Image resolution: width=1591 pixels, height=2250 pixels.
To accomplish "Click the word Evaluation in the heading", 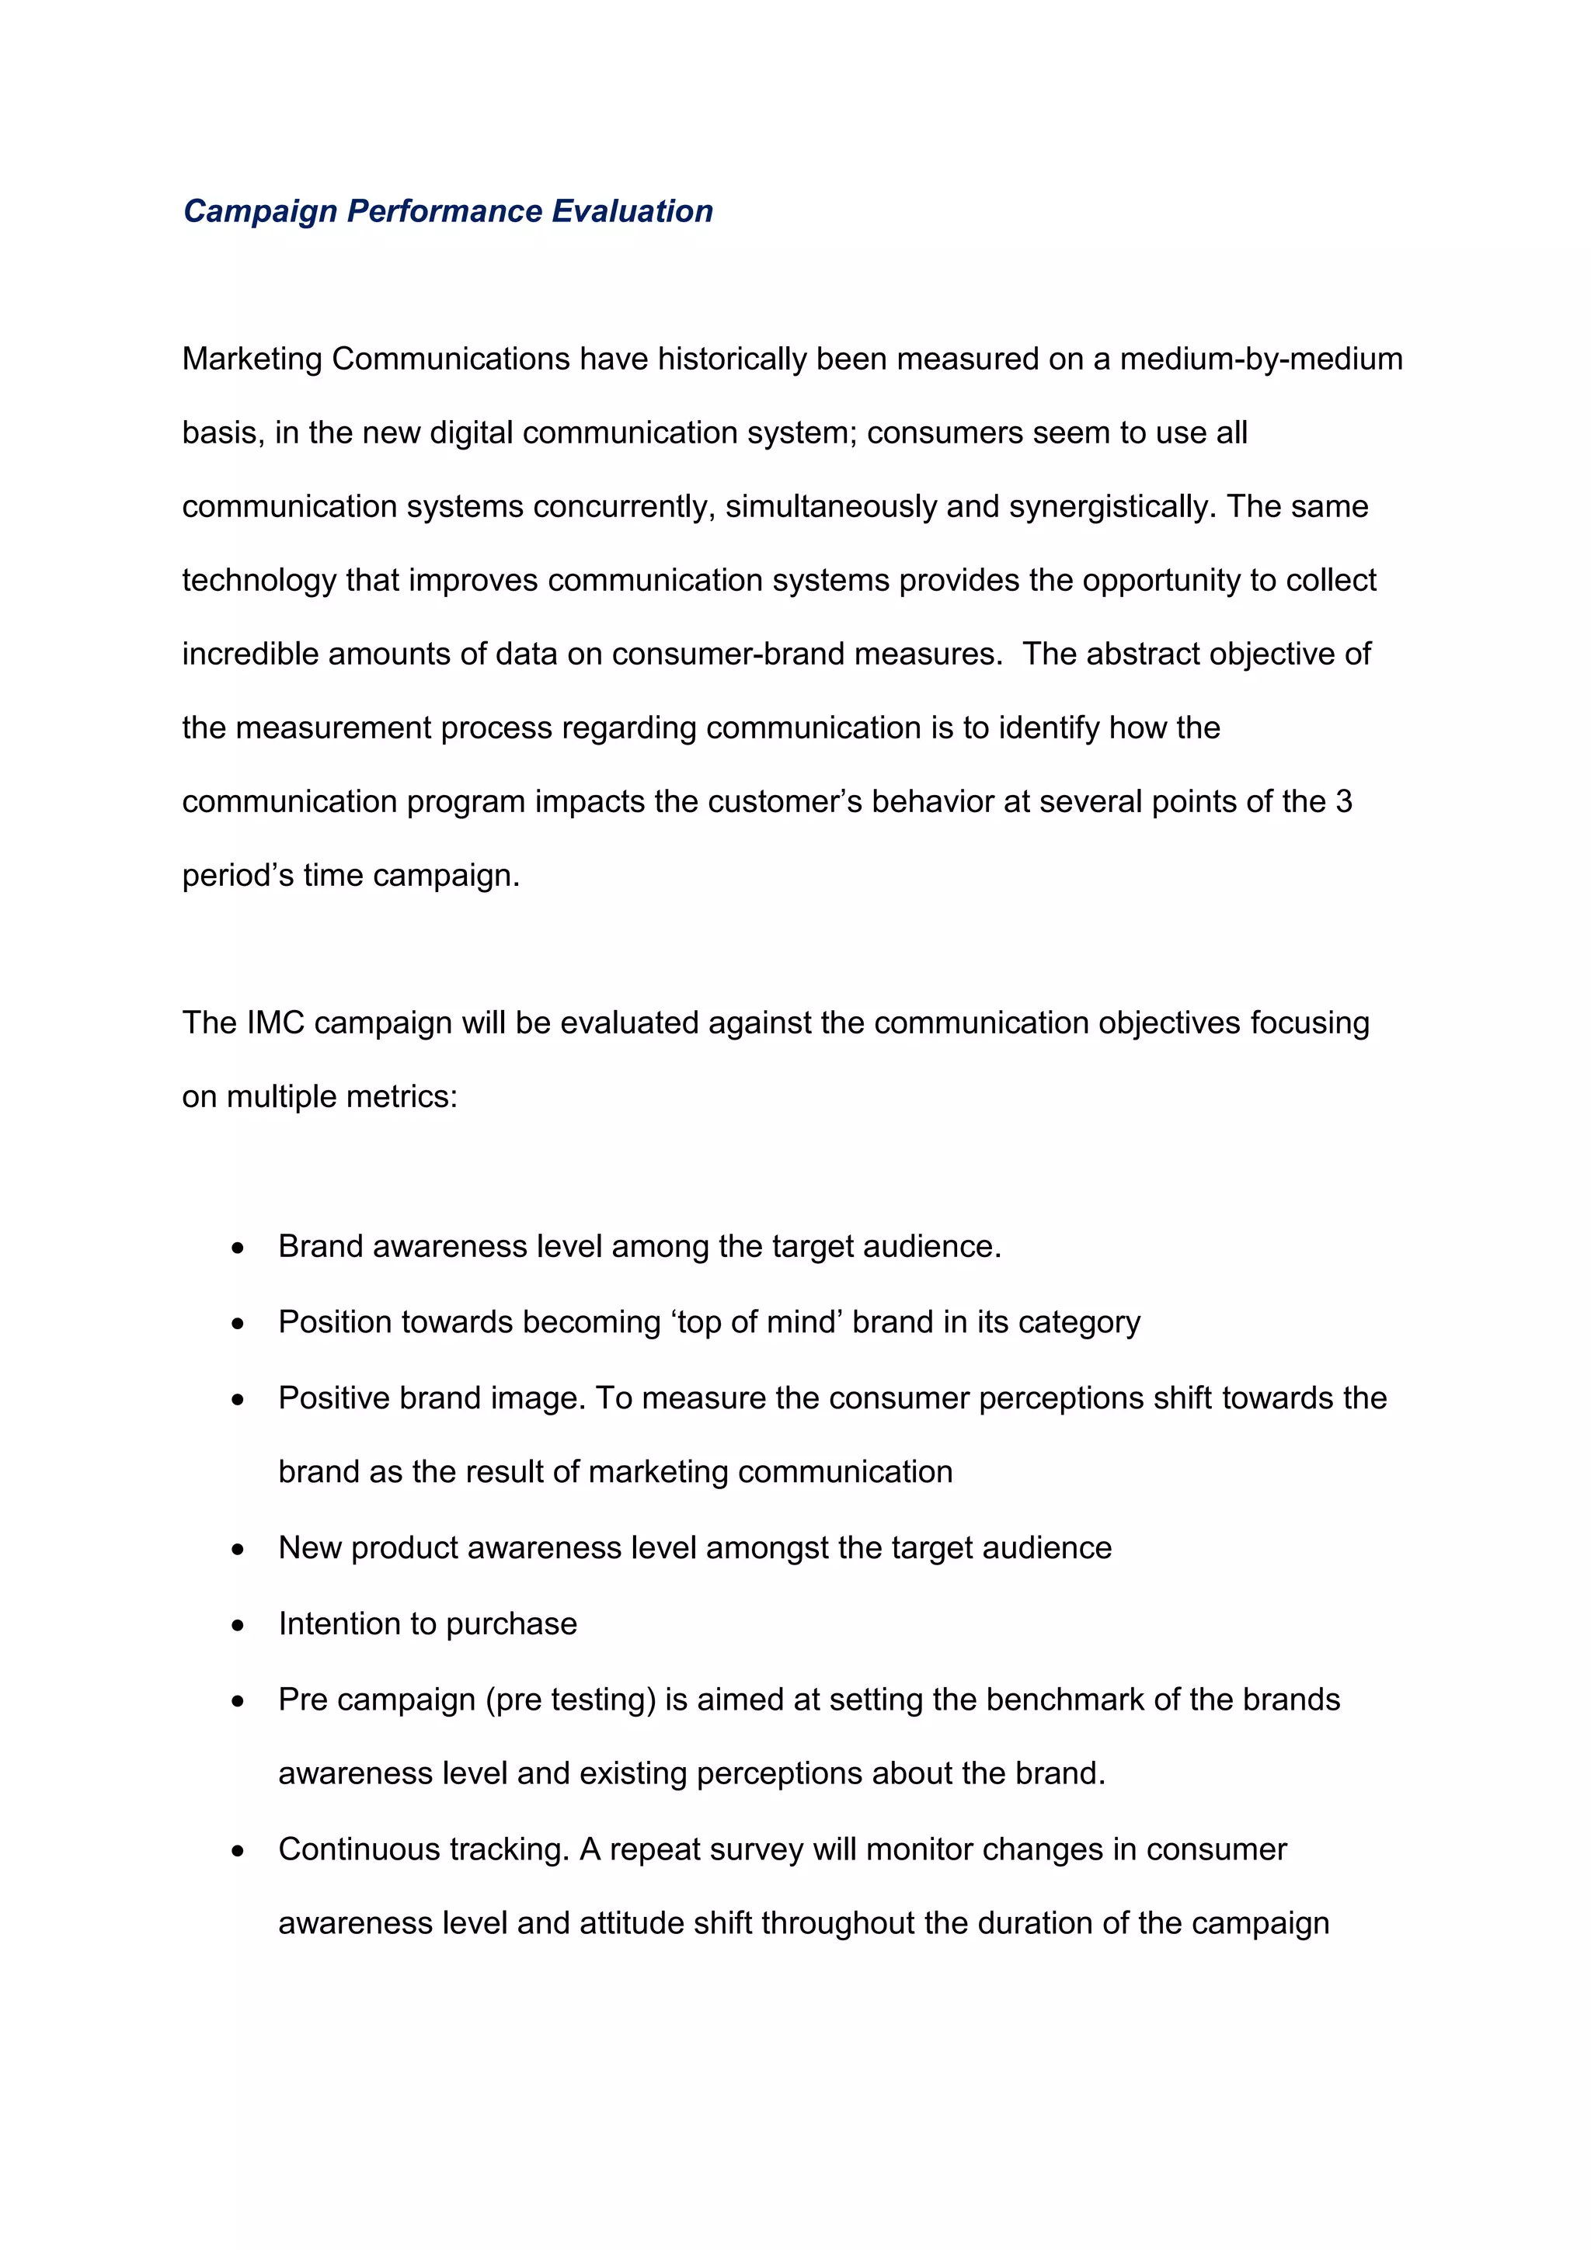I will (632, 212).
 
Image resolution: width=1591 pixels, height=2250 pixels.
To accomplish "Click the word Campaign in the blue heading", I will (259, 212).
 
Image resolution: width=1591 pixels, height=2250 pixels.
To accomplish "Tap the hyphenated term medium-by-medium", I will (1261, 359).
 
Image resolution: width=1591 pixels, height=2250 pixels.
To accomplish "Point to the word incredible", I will (250, 654).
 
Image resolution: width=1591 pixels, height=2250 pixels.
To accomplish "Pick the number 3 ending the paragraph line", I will (1343, 801).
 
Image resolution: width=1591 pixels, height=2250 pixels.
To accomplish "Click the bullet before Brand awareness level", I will (237, 1248).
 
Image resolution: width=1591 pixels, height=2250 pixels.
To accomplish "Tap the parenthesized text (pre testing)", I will (570, 1700).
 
